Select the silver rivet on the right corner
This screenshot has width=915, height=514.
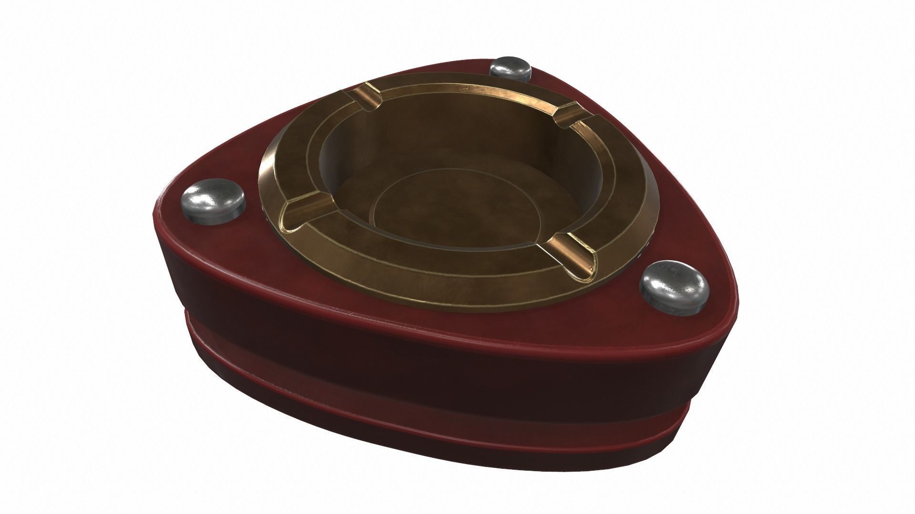[673, 282]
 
